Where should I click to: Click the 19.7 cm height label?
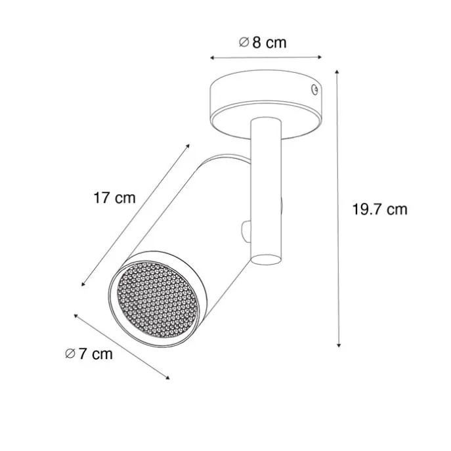379,209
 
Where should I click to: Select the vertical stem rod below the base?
266,190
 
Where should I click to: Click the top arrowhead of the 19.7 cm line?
338,70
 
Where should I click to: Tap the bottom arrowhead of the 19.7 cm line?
338,346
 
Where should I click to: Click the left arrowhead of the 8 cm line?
211,58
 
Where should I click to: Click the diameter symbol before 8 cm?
242,43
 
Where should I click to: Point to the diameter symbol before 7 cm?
70,354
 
